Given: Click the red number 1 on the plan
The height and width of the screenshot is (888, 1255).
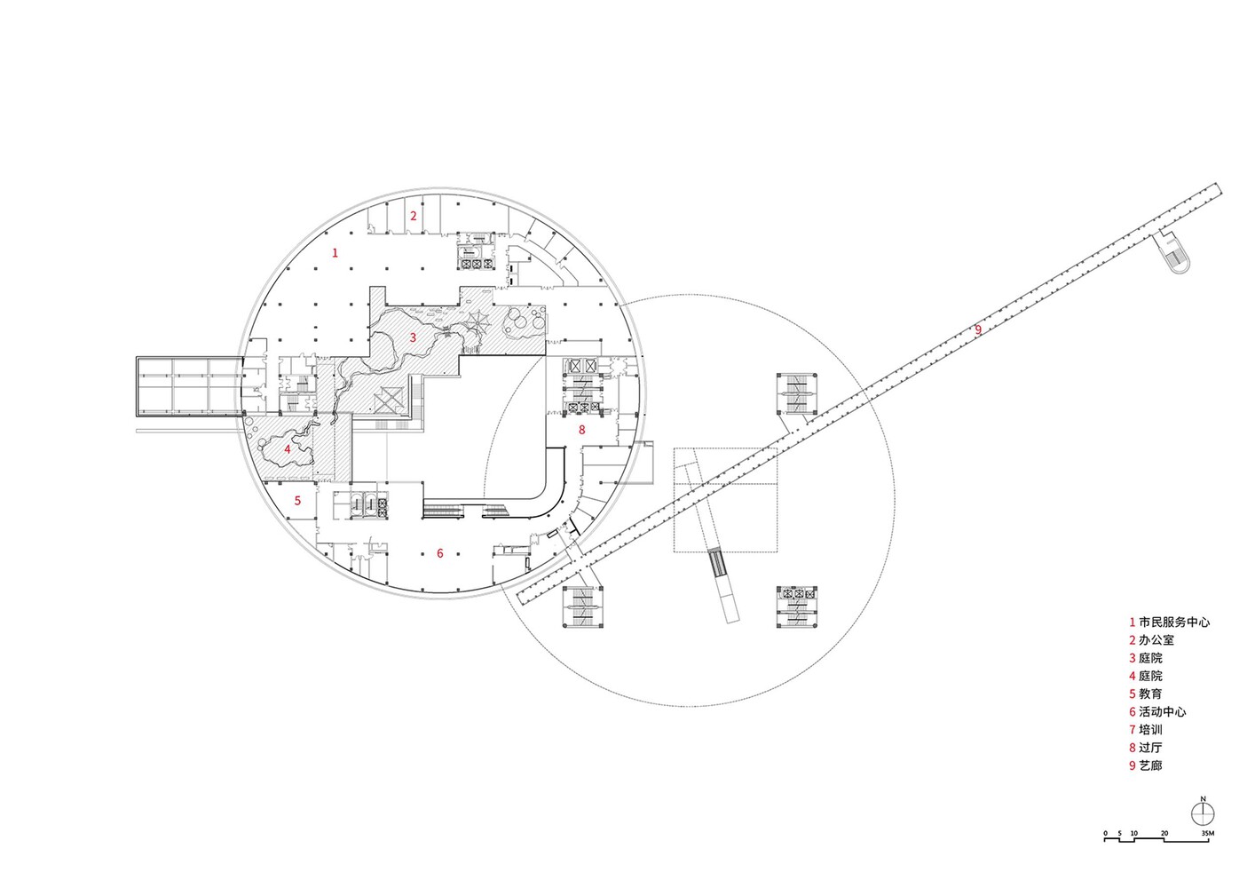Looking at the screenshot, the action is pos(335,253).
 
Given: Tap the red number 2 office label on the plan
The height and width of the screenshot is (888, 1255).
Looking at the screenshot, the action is pos(414,216).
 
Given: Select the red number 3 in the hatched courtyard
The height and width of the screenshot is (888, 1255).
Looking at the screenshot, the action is pos(413,337).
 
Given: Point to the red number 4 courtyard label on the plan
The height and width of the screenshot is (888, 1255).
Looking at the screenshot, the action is pos(288,449).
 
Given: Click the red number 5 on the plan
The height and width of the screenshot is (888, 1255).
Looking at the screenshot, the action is pos(297,501).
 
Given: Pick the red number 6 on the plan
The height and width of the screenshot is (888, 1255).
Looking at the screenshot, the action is pos(440,553).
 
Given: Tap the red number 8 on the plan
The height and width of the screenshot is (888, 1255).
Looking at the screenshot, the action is pos(581,430).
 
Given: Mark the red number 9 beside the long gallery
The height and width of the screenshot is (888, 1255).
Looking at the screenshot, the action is pos(978,329).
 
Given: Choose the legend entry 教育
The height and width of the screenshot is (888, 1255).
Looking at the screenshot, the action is pos(1150,694).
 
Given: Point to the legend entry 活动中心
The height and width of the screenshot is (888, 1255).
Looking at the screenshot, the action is pos(1162,712).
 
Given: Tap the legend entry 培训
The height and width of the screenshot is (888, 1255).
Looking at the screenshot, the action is pos(1150,730).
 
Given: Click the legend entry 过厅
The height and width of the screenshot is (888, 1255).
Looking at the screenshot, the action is pos(1150,748).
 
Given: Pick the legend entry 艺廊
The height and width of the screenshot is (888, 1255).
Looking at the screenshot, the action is pos(1150,765).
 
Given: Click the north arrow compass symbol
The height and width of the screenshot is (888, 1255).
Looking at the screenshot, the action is pos(1203,814).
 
